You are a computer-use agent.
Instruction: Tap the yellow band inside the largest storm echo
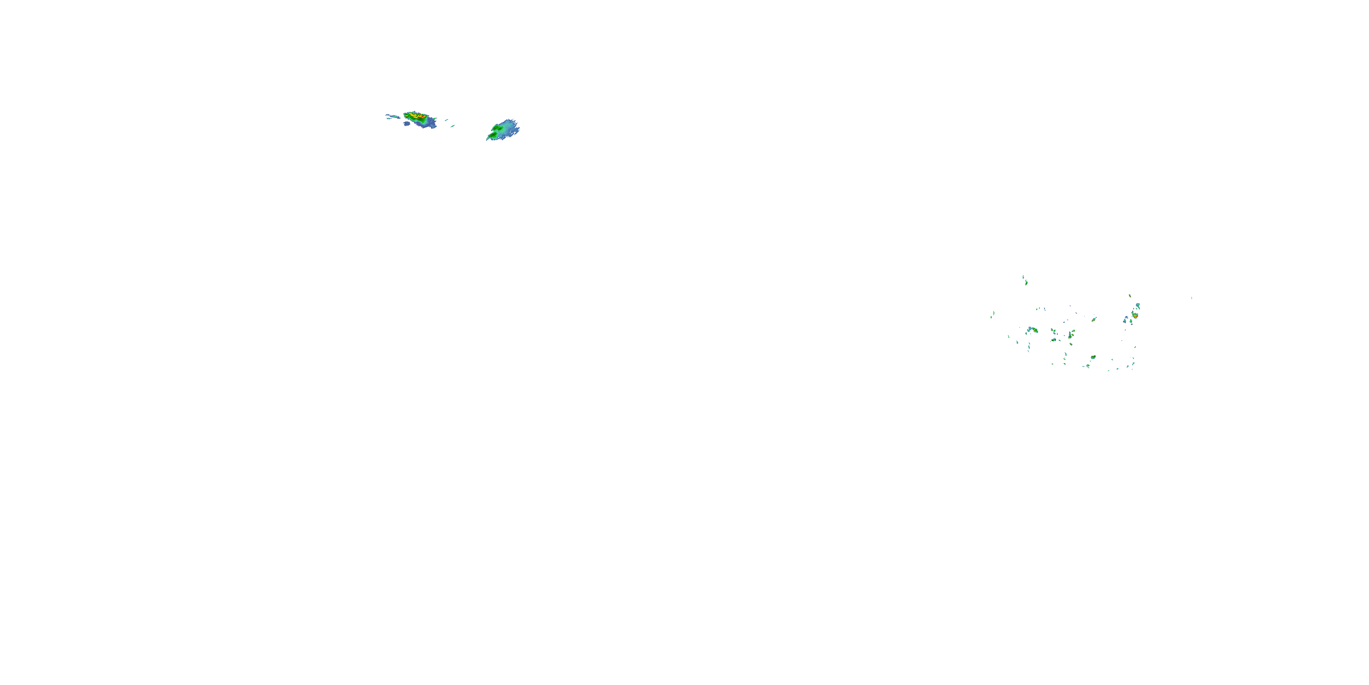point(413,115)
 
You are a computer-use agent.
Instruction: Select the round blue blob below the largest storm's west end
point(407,124)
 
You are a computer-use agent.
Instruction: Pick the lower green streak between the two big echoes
point(452,126)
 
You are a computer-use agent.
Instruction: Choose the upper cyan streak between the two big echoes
point(446,120)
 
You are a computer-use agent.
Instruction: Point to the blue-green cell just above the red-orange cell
point(1137,306)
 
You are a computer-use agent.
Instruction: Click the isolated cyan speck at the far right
point(1191,298)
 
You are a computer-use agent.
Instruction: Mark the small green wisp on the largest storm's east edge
point(435,119)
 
